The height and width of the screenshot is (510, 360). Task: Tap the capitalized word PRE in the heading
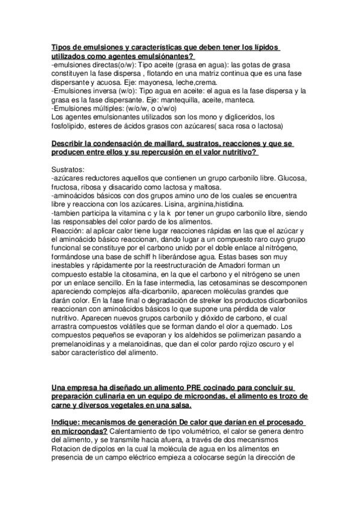click(194, 388)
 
